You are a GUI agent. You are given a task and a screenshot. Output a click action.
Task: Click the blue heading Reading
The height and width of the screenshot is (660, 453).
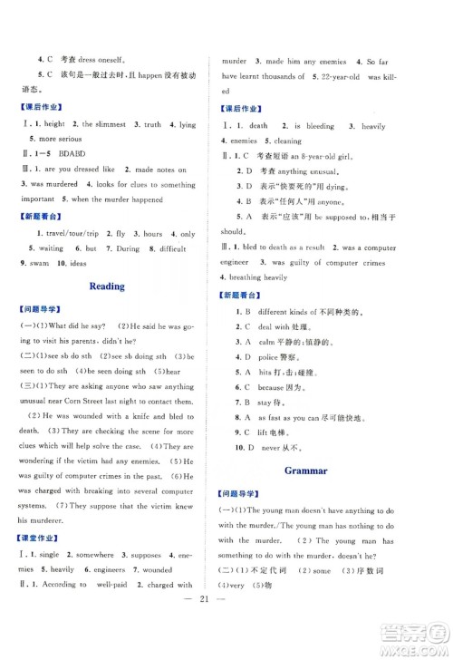(x=108, y=286)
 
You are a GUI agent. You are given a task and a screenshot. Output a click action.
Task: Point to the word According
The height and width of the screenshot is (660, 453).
(x=64, y=585)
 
